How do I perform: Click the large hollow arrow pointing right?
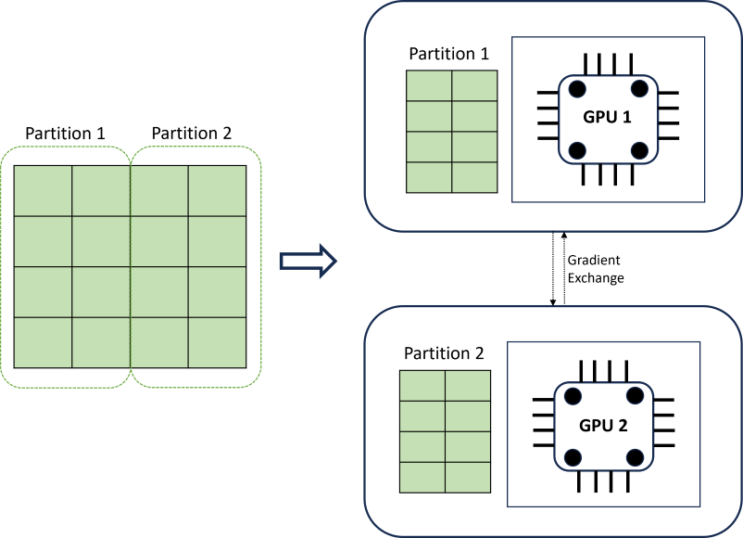(307, 262)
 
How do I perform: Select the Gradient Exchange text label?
(593, 268)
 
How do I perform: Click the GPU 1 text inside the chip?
(607, 119)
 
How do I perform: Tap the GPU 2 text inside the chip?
(604, 427)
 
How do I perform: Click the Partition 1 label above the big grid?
(64, 133)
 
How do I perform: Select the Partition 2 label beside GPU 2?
(444, 353)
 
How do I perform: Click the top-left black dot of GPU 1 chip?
(577, 89)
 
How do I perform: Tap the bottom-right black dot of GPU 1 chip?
(638, 150)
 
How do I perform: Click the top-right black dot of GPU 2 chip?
(635, 396)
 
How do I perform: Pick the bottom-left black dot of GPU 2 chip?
(573, 457)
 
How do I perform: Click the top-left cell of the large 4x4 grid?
(43, 190)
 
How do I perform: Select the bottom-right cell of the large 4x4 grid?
(217, 341)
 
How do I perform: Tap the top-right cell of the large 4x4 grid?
(217, 190)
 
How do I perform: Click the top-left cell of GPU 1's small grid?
(429, 85)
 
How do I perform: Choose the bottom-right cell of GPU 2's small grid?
(468, 476)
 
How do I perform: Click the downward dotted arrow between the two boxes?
(553, 269)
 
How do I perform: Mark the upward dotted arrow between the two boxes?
(561, 269)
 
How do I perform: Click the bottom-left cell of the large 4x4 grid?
(43, 341)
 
